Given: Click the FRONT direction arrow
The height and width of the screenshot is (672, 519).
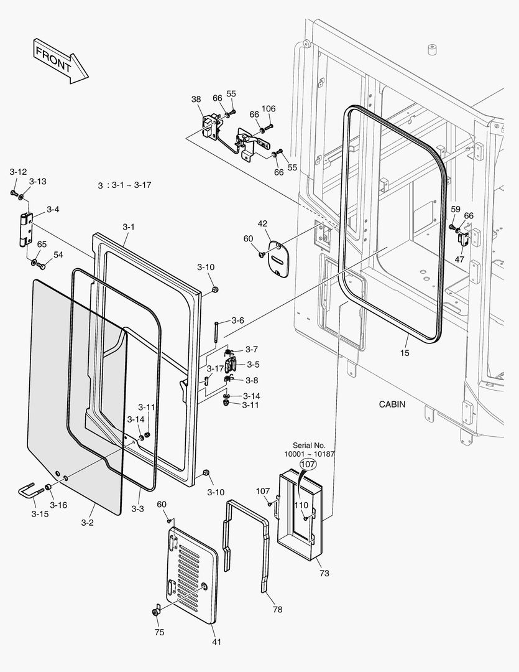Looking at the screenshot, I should pyautogui.click(x=59, y=60).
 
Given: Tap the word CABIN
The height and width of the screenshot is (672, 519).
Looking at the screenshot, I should pyautogui.click(x=392, y=404).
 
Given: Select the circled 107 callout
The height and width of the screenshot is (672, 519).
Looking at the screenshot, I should pyautogui.click(x=309, y=464).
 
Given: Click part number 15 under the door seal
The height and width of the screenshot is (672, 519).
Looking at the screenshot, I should pyautogui.click(x=405, y=353).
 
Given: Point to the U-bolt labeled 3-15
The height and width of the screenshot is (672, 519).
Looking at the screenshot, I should pyautogui.click(x=30, y=492).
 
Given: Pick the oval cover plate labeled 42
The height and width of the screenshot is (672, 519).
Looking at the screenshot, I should pyautogui.click(x=278, y=259).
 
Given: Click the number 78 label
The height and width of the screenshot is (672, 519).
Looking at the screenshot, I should pyautogui.click(x=277, y=610).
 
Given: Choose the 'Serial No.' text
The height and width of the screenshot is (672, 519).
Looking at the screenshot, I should pyautogui.click(x=310, y=446).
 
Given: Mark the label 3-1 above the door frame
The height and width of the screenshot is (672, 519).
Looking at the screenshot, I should pyautogui.click(x=128, y=227).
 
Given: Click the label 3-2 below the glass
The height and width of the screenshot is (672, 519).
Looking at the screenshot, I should pyautogui.click(x=87, y=523).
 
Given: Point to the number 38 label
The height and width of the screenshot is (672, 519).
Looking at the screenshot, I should pyautogui.click(x=196, y=99).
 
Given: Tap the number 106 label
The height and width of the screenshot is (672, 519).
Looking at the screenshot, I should pyautogui.click(x=269, y=109).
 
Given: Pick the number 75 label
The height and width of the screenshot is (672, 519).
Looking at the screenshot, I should pyautogui.click(x=160, y=632).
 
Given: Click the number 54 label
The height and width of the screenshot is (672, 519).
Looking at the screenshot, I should pyautogui.click(x=58, y=255).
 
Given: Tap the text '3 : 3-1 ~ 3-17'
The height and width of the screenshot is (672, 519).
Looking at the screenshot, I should pyautogui.click(x=125, y=185).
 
